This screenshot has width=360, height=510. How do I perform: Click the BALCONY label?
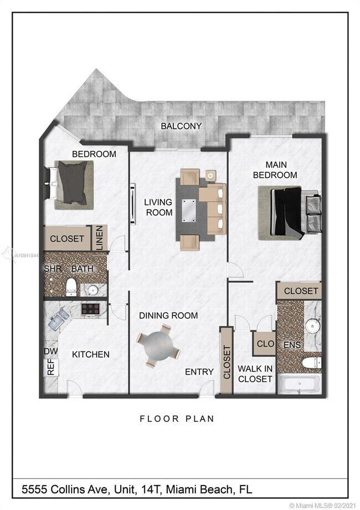click(x=181, y=126)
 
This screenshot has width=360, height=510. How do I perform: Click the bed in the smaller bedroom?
click(x=71, y=183)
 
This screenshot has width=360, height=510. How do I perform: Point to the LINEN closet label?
click(x=100, y=238)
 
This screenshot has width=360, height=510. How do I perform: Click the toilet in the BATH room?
click(x=71, y=287)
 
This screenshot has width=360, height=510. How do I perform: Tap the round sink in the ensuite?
click(x=312, y=326)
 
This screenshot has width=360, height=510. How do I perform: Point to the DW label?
click(x=50, y=351)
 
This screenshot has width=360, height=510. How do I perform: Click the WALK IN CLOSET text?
click(x=255, y=374)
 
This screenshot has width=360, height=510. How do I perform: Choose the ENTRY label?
click(x=199, y=371)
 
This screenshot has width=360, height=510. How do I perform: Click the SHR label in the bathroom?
click(x=52, y=269)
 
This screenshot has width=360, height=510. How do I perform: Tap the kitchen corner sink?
click(x=58, y=319)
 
